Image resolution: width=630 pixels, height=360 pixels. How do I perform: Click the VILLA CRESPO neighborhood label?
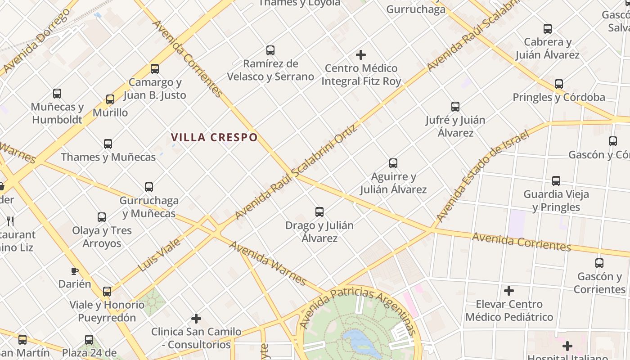click(214, 137)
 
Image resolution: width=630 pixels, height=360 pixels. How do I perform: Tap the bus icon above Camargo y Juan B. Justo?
click(155, 69)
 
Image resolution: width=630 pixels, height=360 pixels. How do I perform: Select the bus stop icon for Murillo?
click(110, 99)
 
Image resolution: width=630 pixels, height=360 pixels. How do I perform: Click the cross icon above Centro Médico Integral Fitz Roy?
click(360, 55)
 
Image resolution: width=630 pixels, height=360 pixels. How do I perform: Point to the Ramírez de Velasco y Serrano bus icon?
click(270, 50)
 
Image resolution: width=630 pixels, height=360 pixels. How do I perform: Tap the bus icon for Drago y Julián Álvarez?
click(319, 211)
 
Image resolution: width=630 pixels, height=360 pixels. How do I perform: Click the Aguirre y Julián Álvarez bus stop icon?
click(393, 163)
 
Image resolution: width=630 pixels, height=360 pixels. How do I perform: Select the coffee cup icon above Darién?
click(75, 271)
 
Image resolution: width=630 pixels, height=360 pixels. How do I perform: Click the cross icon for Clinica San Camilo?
click(196, 319)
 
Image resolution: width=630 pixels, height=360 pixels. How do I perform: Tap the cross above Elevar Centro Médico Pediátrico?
click(509, 291)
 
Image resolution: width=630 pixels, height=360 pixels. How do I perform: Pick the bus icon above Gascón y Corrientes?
click(599, 263)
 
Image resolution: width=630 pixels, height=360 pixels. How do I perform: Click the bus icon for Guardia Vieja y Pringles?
click(556, 181)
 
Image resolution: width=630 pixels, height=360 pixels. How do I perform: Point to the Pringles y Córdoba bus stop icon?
click(559, 84)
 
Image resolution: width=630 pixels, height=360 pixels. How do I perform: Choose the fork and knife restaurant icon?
click(11, 221)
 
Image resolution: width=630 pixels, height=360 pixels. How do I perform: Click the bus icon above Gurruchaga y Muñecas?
click(149, 187)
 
